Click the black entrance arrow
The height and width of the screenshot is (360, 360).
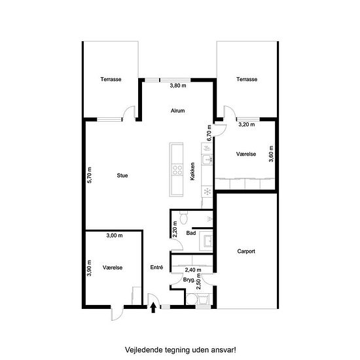click(153, 308)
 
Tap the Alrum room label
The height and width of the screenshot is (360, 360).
click(177, 111)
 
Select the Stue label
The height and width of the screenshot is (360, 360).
click(122, 175)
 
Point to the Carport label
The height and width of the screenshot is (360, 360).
click(246, 251)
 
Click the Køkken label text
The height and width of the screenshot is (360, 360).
click(192, 171)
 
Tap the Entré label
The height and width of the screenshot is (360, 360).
click(156, 267)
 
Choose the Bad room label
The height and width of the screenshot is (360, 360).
click(191, 233)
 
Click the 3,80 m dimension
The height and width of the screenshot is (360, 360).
click(178, 86)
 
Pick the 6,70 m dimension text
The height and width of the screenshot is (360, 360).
click(209, 133)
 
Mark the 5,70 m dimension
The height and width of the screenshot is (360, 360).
click(90, 175)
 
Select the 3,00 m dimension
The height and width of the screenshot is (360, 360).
click(115, 236)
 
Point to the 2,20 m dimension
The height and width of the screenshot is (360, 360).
click(175, 229)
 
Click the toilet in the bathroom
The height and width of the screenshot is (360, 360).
click(184, 217)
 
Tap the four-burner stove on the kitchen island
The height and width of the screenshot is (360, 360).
click(177, 170)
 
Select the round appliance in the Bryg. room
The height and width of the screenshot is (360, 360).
click(192, 299)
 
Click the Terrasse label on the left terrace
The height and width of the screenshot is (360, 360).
click(111, 79)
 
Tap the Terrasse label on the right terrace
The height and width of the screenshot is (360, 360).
click(247, 79)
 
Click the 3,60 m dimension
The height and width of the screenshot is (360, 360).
click(271, 154)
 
